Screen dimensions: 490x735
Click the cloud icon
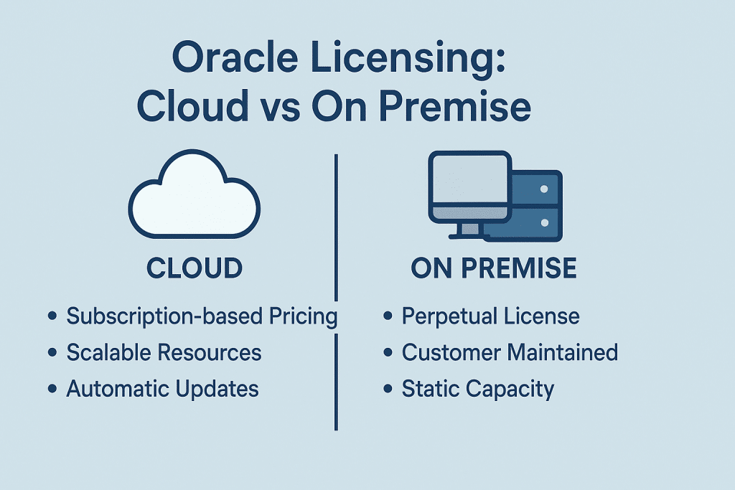click(194, 196)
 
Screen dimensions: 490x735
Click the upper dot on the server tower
click(543, 189)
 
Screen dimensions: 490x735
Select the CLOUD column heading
click(195, 268)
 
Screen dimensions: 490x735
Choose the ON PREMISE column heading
click(494, 268)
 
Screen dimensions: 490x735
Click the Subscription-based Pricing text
click(202, 316)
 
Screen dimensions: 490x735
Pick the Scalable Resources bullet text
click(164, 352)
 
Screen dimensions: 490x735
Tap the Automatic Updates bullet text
click(162, 389)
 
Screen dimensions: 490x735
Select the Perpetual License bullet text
click(490, 316)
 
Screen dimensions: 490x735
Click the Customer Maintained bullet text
click(510, 352)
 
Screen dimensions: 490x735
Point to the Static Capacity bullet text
click(478, 389)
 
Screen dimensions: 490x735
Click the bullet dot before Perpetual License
click(388, 317)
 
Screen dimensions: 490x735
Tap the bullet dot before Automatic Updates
click(52, 390)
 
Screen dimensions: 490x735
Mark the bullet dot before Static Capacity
click(388, 390)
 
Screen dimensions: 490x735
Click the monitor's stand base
click(468, 236)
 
